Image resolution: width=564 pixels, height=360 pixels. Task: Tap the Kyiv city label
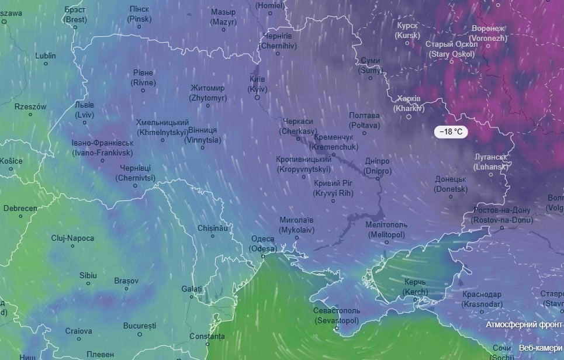tap(258, 84)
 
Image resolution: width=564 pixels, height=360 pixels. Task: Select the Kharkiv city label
tap(409, 103)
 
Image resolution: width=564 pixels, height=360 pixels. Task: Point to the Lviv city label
tap(84, 110)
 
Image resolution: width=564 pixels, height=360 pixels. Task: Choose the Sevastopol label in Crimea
tap(337, 316)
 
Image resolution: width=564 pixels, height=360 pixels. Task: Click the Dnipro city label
tap(377, 166)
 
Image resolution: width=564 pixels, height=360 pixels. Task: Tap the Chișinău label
tap(212, 227)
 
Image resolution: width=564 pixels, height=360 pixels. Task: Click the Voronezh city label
tap(489, 33)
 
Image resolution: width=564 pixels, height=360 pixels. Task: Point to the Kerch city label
tap(416, 287)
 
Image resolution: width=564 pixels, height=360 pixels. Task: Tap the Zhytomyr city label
tap(207, 93)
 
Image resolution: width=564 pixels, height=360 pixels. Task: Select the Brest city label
tap(75, 14)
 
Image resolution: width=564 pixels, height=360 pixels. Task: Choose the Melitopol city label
tap(386, 229)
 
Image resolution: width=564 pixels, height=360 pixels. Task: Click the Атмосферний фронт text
tap(525, 324)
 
